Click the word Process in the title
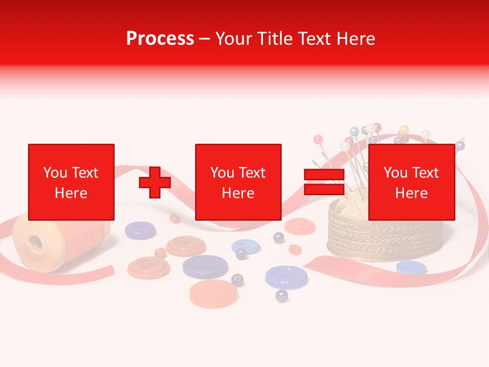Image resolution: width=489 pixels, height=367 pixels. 160,39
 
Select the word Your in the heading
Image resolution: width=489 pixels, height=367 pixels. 235,39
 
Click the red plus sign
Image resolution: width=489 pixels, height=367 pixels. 155,182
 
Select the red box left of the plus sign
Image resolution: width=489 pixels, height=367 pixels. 71,182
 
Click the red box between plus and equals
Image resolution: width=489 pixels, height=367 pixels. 238,182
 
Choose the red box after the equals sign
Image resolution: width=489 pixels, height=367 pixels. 411,182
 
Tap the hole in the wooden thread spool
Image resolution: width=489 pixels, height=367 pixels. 35,242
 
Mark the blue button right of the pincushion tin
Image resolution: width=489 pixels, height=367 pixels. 411,267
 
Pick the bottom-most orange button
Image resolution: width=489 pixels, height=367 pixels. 213,293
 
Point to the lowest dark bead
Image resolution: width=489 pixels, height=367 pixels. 281,295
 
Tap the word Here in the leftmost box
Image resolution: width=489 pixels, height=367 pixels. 71,193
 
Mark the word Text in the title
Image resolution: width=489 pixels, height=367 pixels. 316,39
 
